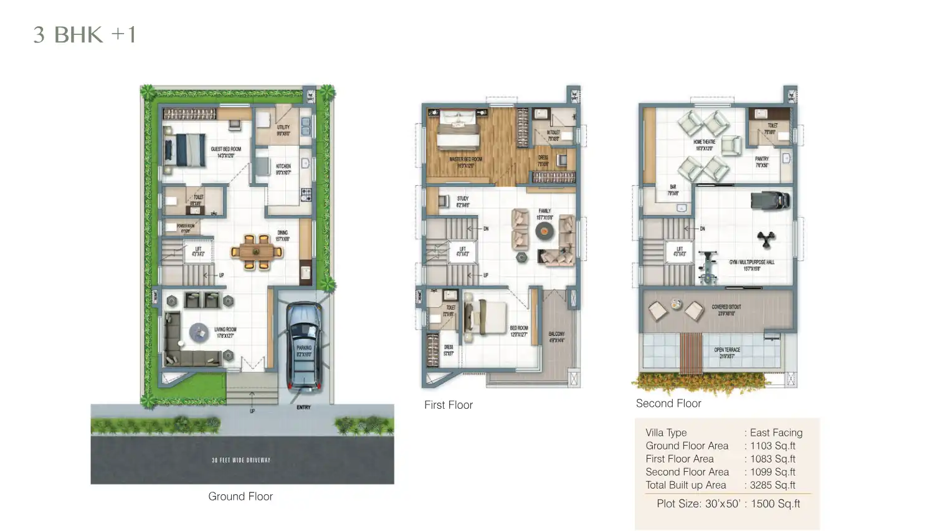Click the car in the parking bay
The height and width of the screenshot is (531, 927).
point(304,346)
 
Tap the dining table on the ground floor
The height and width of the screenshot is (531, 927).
point(256,252)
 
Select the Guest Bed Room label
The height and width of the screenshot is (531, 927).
point(226,152)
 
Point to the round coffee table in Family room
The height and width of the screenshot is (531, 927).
point(544,231)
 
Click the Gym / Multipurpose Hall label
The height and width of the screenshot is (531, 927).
point(751,265)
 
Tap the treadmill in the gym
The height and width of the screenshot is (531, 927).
point(770,201)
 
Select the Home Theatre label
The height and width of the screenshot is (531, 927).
point(704,145)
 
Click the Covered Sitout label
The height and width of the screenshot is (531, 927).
point(726,310)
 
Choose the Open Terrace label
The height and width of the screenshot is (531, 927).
point(726,353)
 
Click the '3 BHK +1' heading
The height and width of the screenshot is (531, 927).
point(85,35)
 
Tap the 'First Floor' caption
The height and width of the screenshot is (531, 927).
point(448,405)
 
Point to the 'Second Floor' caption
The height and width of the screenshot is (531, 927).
point(668,403)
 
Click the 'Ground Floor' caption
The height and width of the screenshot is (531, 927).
point(240,496)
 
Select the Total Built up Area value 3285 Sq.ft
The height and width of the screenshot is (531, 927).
point(772,485)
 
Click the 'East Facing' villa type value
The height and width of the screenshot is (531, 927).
point(776,433)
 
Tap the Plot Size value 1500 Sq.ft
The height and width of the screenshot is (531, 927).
point(775,504)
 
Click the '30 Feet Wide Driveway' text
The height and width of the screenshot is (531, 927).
point(241,460)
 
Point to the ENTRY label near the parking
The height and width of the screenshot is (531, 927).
point(303,407)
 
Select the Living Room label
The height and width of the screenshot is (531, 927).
point(225,332)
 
